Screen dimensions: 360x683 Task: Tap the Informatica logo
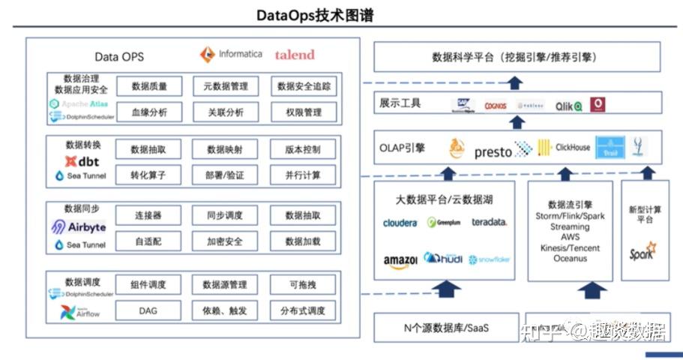click(x=231, y=55)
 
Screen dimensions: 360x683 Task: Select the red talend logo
click(x=295, y=55)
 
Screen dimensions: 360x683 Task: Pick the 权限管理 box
click(x=303, y=112)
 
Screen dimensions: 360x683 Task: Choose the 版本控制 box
click(x=303, y=150)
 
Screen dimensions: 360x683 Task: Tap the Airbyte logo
click(x=79, y=227)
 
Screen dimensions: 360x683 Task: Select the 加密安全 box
click(x=225, y=241)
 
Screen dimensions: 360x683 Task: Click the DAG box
click(x=148, y=310)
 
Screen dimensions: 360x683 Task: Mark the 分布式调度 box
click(x=303, y=310)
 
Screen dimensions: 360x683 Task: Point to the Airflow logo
click(x=80, y=313)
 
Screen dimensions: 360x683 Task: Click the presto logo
click(x=503, y=151)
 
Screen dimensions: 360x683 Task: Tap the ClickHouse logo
click(x=564, y=148)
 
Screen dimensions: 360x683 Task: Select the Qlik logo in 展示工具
click(x=568, y=106)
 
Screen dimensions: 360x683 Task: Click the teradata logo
click(x=490, y=222)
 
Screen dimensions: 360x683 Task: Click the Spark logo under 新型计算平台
click(x=642, y=250)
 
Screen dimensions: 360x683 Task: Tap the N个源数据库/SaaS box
click(x=443, y=328)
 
